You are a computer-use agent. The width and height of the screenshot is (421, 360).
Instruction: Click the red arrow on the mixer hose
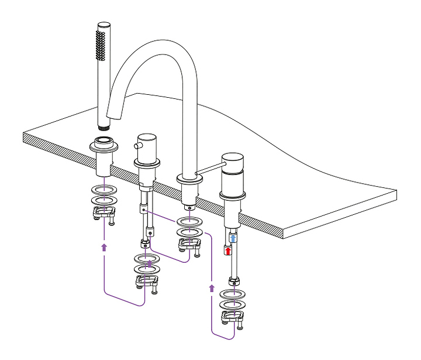[x=229, y=251]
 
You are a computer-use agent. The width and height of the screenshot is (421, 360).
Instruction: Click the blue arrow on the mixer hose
[x=233, y=238]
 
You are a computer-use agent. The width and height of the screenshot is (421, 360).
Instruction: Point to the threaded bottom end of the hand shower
[x=103, y=126]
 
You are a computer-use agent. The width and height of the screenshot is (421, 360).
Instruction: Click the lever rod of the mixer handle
[x=208, y=169]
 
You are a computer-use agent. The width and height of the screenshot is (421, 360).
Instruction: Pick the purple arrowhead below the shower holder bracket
[x=104, y=247]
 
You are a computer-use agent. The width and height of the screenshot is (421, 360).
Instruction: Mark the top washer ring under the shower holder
[x=103, y=191]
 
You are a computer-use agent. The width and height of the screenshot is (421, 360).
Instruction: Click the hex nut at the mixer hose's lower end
[x=232, y=282]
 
